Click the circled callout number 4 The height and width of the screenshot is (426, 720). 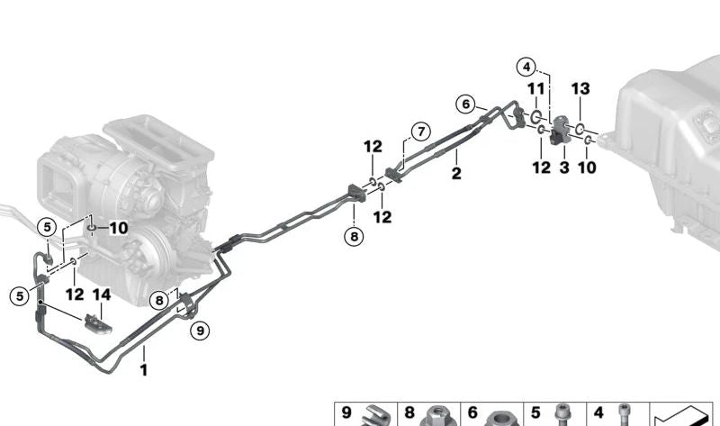[526, 67]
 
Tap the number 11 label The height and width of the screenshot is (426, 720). [535, 88]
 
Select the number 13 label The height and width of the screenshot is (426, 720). [580, 88]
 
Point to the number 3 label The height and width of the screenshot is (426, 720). [564, 168]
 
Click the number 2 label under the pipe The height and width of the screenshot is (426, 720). [456, 173]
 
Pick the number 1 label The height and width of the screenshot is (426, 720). [144, 370]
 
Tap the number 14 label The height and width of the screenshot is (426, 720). [102, 295]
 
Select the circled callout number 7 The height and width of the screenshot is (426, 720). [421, 131]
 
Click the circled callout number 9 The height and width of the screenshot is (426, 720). [200, 330]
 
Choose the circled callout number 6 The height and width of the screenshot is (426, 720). [465, 104]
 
